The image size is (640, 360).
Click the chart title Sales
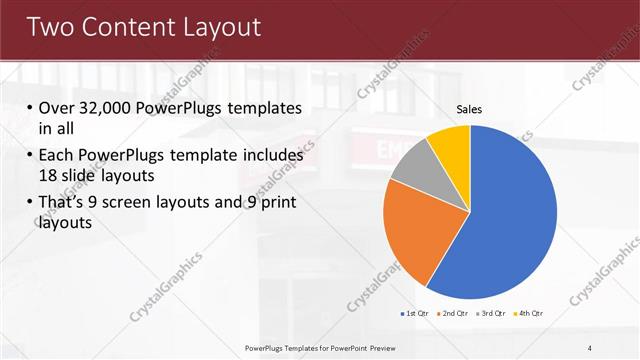(x=470, y=108)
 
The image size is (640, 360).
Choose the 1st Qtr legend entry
(x=414, y=313)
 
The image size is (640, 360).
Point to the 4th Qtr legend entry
(x=528, y=313)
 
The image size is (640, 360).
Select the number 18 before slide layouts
(x=49, y=174)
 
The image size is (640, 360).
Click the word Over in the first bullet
(x=56, y=108)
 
